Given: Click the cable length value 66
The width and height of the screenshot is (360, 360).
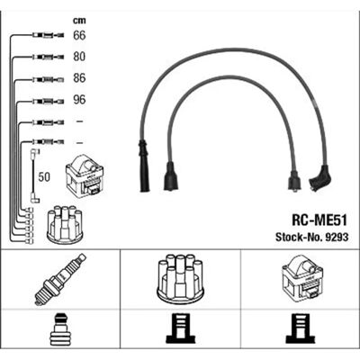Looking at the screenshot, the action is point(79,35).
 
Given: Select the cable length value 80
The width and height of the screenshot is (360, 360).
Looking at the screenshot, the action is point(79,57).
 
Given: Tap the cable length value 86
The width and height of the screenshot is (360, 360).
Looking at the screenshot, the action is point(79,78).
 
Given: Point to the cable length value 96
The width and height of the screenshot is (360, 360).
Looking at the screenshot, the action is point(79,100).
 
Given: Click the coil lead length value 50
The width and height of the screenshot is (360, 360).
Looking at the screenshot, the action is point(44,177).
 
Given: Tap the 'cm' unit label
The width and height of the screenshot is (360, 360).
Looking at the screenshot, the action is point(79,21).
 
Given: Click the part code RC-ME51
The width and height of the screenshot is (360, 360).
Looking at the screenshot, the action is point(319,220).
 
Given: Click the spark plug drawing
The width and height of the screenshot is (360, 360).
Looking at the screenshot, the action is point(60,279).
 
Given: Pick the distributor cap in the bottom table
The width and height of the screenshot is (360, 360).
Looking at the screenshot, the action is point(180,278).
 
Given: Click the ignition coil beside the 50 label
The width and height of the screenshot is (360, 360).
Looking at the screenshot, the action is point(85,175).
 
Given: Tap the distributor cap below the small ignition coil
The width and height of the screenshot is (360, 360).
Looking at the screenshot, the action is point(65,224).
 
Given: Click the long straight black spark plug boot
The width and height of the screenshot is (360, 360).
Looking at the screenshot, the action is point(144,166).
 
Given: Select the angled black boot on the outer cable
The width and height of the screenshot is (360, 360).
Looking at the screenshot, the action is point(320,178).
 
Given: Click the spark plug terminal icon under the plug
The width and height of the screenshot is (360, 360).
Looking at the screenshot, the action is point(59,329).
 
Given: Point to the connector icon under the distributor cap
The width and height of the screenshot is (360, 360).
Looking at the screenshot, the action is point(180,328).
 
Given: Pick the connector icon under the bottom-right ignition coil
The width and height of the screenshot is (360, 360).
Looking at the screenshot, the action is point(301,328).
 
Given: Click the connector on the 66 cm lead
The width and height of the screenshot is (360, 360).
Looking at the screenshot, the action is point(48,35).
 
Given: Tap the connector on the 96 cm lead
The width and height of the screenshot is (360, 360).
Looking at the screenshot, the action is point(48,102).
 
